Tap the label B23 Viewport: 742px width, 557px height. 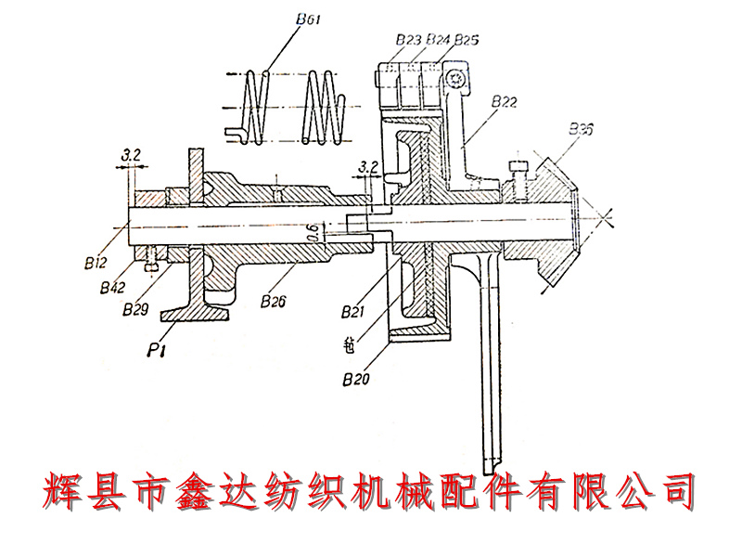pos(408,40)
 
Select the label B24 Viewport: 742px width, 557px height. pos(437,40)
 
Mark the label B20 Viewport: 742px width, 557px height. pos(357,379)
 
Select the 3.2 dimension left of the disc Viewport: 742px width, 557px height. pos(368,168)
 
